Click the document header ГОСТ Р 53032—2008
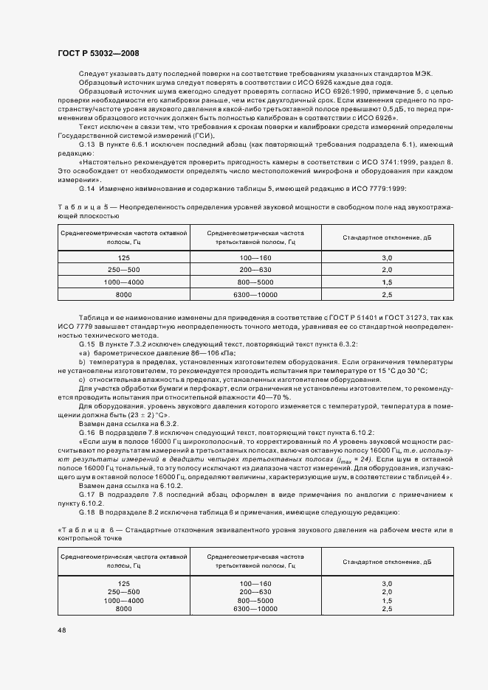coord(98,54)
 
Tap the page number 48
coord(61,630)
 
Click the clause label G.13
coord(87,147)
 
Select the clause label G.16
coord(87,431)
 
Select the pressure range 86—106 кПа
coord(193,353)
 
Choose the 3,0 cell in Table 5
coord(387,258)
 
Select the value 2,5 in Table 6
coord(387,609)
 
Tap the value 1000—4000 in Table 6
coord(124,600)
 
